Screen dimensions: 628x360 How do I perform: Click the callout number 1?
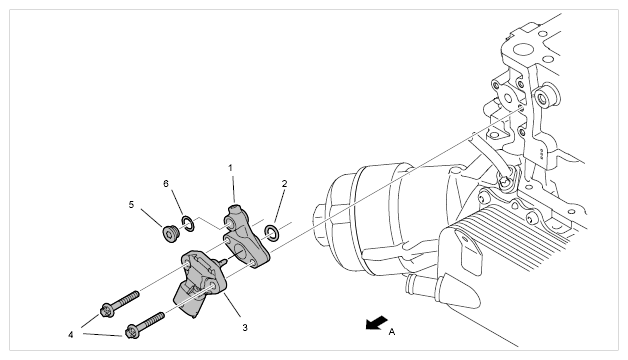tap(230, 168)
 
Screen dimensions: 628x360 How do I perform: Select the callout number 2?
tap(284, 184)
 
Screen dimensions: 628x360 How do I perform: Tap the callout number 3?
tap(245, 328)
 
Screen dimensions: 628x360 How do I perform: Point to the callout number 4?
tap(71, 335)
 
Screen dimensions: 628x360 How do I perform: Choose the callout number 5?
tap(131, 205)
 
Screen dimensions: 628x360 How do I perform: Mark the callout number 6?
tap(166, 184)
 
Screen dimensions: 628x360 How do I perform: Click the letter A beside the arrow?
tap(392, 332)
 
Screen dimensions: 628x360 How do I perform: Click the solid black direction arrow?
tap(376, 323)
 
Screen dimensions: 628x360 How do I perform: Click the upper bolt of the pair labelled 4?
tap(119, 304)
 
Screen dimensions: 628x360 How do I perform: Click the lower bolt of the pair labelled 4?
tap(145, 325)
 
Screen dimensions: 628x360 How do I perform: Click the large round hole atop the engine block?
tap(522, 50)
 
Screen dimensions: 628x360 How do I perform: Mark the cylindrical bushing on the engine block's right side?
tap(547, 96)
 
